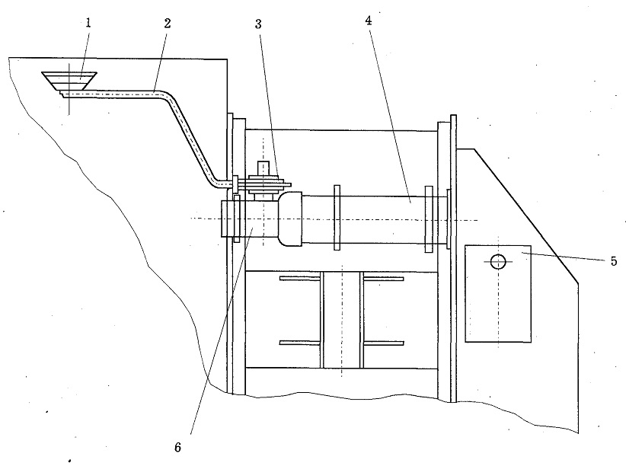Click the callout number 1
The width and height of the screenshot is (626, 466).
tap(88, 23)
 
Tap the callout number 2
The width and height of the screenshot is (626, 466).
tap(168, 23)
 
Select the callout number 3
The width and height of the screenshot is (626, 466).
tap(258, 24)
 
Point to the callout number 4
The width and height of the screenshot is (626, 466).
tap(369, 21)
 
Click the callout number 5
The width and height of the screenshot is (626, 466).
tap(614, 261)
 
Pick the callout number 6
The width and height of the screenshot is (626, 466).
tap(177, 447)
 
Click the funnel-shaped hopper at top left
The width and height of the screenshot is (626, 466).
tap(69, 80)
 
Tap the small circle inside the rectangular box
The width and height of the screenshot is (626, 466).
tap(498, 262)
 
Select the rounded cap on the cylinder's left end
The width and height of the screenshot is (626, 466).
tap(290, 219)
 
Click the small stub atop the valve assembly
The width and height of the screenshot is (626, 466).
tap(263, 168)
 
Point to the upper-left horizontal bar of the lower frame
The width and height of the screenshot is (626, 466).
tap(300, 278)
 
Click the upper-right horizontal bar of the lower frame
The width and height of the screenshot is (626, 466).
tap(384, 278)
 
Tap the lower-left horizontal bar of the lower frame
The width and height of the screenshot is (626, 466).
tap(300, 343)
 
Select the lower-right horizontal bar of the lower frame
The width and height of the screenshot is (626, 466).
tap(384, 343)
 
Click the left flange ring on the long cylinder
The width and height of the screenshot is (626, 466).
tap(337, 218)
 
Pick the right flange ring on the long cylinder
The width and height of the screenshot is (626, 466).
tap(429, 219)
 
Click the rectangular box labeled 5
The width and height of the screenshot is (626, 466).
tap(498, 294)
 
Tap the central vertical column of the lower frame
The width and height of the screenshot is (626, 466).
tap(342, 320)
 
